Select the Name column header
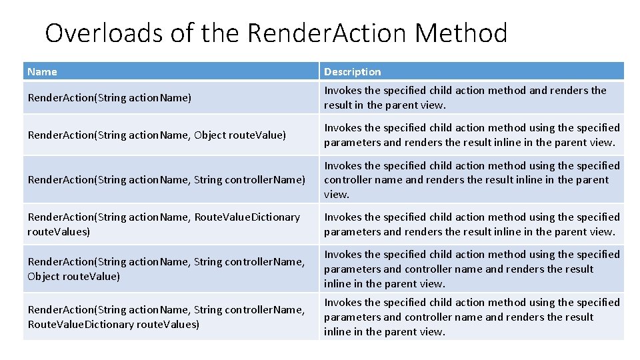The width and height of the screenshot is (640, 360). (x=43, y=71)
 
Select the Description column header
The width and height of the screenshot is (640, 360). (x=353, y=71)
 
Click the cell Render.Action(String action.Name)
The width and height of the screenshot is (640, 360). (x=109, y=98)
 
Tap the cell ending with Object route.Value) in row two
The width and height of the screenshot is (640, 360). (x=157, y=135)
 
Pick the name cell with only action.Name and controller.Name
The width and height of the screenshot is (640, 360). (x=166, y=179)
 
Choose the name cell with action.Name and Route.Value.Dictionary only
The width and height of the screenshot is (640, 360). (x=163, y=224)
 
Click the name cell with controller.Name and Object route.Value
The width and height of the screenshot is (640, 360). (x=166, y=269)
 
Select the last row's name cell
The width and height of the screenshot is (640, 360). (x=166, y=317)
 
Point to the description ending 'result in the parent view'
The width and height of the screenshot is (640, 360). (x=465, y=97)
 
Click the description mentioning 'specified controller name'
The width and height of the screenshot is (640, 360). (x=471, y=179)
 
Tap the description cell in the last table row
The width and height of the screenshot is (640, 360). (x=471, y=317)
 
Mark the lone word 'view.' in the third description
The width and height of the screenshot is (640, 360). (x=337, y=195)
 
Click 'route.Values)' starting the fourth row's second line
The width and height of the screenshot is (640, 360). (x=59, y=231)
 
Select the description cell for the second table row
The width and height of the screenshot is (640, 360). (x=471, y=135)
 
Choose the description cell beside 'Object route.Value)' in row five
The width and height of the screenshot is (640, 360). (x=471, y=269)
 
